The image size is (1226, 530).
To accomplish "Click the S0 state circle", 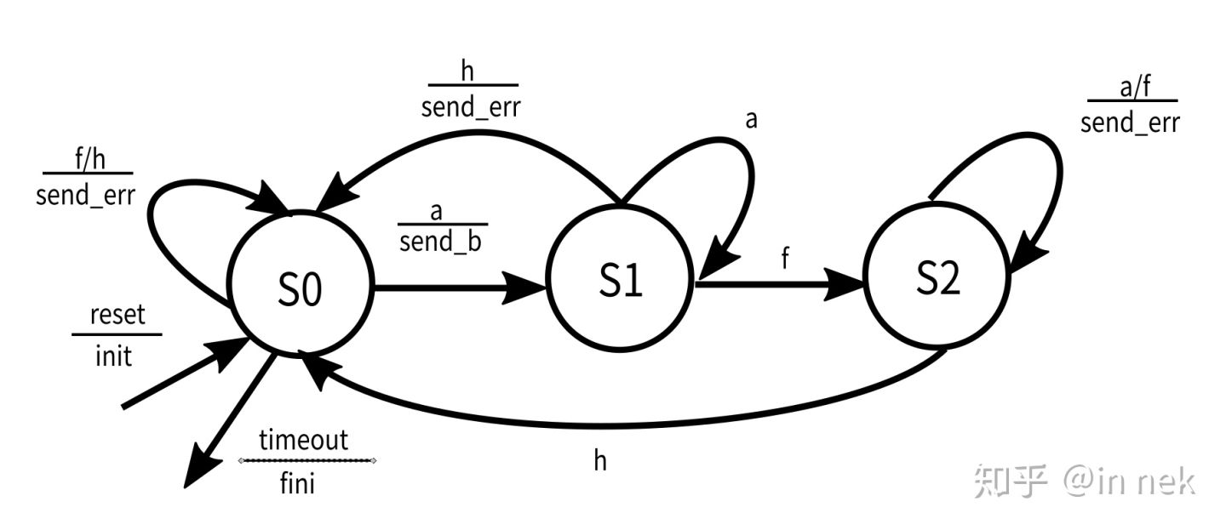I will point(300,290).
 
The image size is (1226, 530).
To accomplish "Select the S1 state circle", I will point(621,282).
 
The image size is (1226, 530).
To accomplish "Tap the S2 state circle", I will point(937,278).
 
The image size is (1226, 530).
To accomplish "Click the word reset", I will point(118,315).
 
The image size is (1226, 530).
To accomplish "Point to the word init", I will point(113,355).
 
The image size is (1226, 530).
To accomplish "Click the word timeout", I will point(304,440).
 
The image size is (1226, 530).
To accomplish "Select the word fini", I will point(297,484).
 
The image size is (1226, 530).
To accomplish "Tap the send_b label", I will point(440,242).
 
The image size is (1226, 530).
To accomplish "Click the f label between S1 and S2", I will point(785,259).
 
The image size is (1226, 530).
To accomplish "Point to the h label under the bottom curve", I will point(600,461).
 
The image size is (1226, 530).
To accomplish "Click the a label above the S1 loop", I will point(751,120).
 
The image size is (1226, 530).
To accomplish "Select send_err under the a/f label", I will point(1130,123).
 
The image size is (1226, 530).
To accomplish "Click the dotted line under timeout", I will point(307,460).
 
